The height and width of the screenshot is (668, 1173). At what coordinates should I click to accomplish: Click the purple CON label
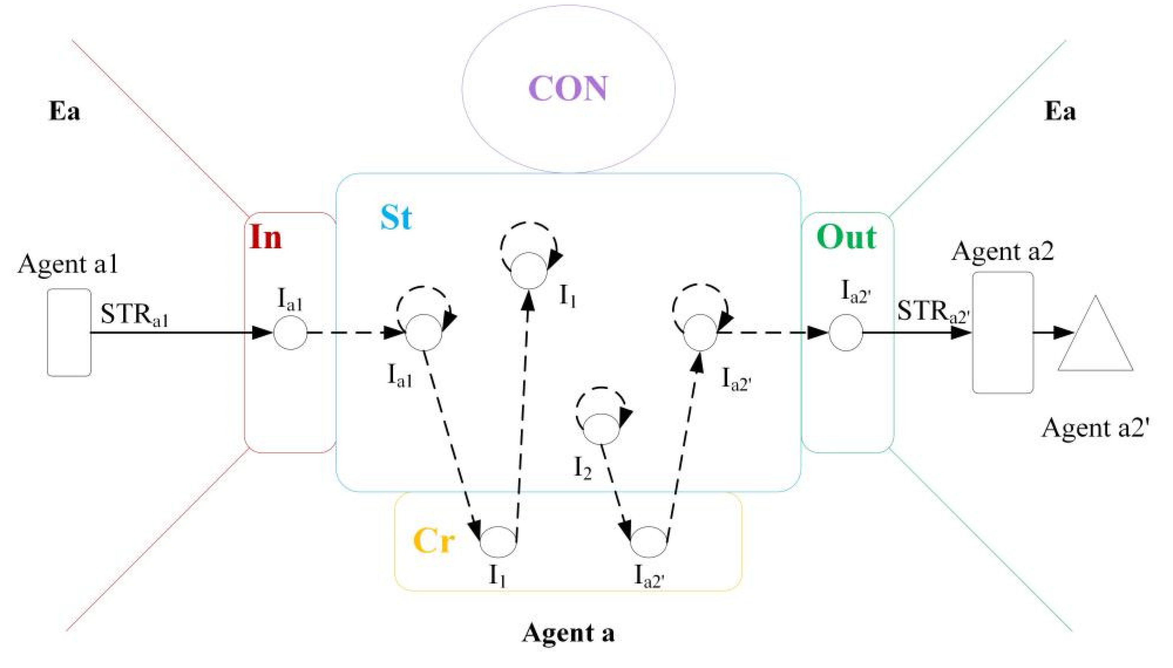[x=568, y=89]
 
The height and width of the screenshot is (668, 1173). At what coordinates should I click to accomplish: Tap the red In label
[x=266, y=238]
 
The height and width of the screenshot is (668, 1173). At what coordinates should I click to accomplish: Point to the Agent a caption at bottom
[x=568, y=633]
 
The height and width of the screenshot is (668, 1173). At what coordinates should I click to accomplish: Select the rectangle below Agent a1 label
[x=69, y=332]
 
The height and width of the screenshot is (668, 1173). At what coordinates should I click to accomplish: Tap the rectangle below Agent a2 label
[x=1003, y=332]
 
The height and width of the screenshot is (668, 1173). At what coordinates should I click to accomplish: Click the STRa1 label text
[x=134, y=315]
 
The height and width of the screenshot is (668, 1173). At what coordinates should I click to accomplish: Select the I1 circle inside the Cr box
[x=498, y=542]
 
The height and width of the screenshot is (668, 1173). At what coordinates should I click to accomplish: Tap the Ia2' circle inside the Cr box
[x=648, y=542]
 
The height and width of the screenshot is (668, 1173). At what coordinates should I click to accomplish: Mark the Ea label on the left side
[x=64, y=112]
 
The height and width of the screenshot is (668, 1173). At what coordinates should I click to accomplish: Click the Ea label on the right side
[x=1060, y=112]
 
